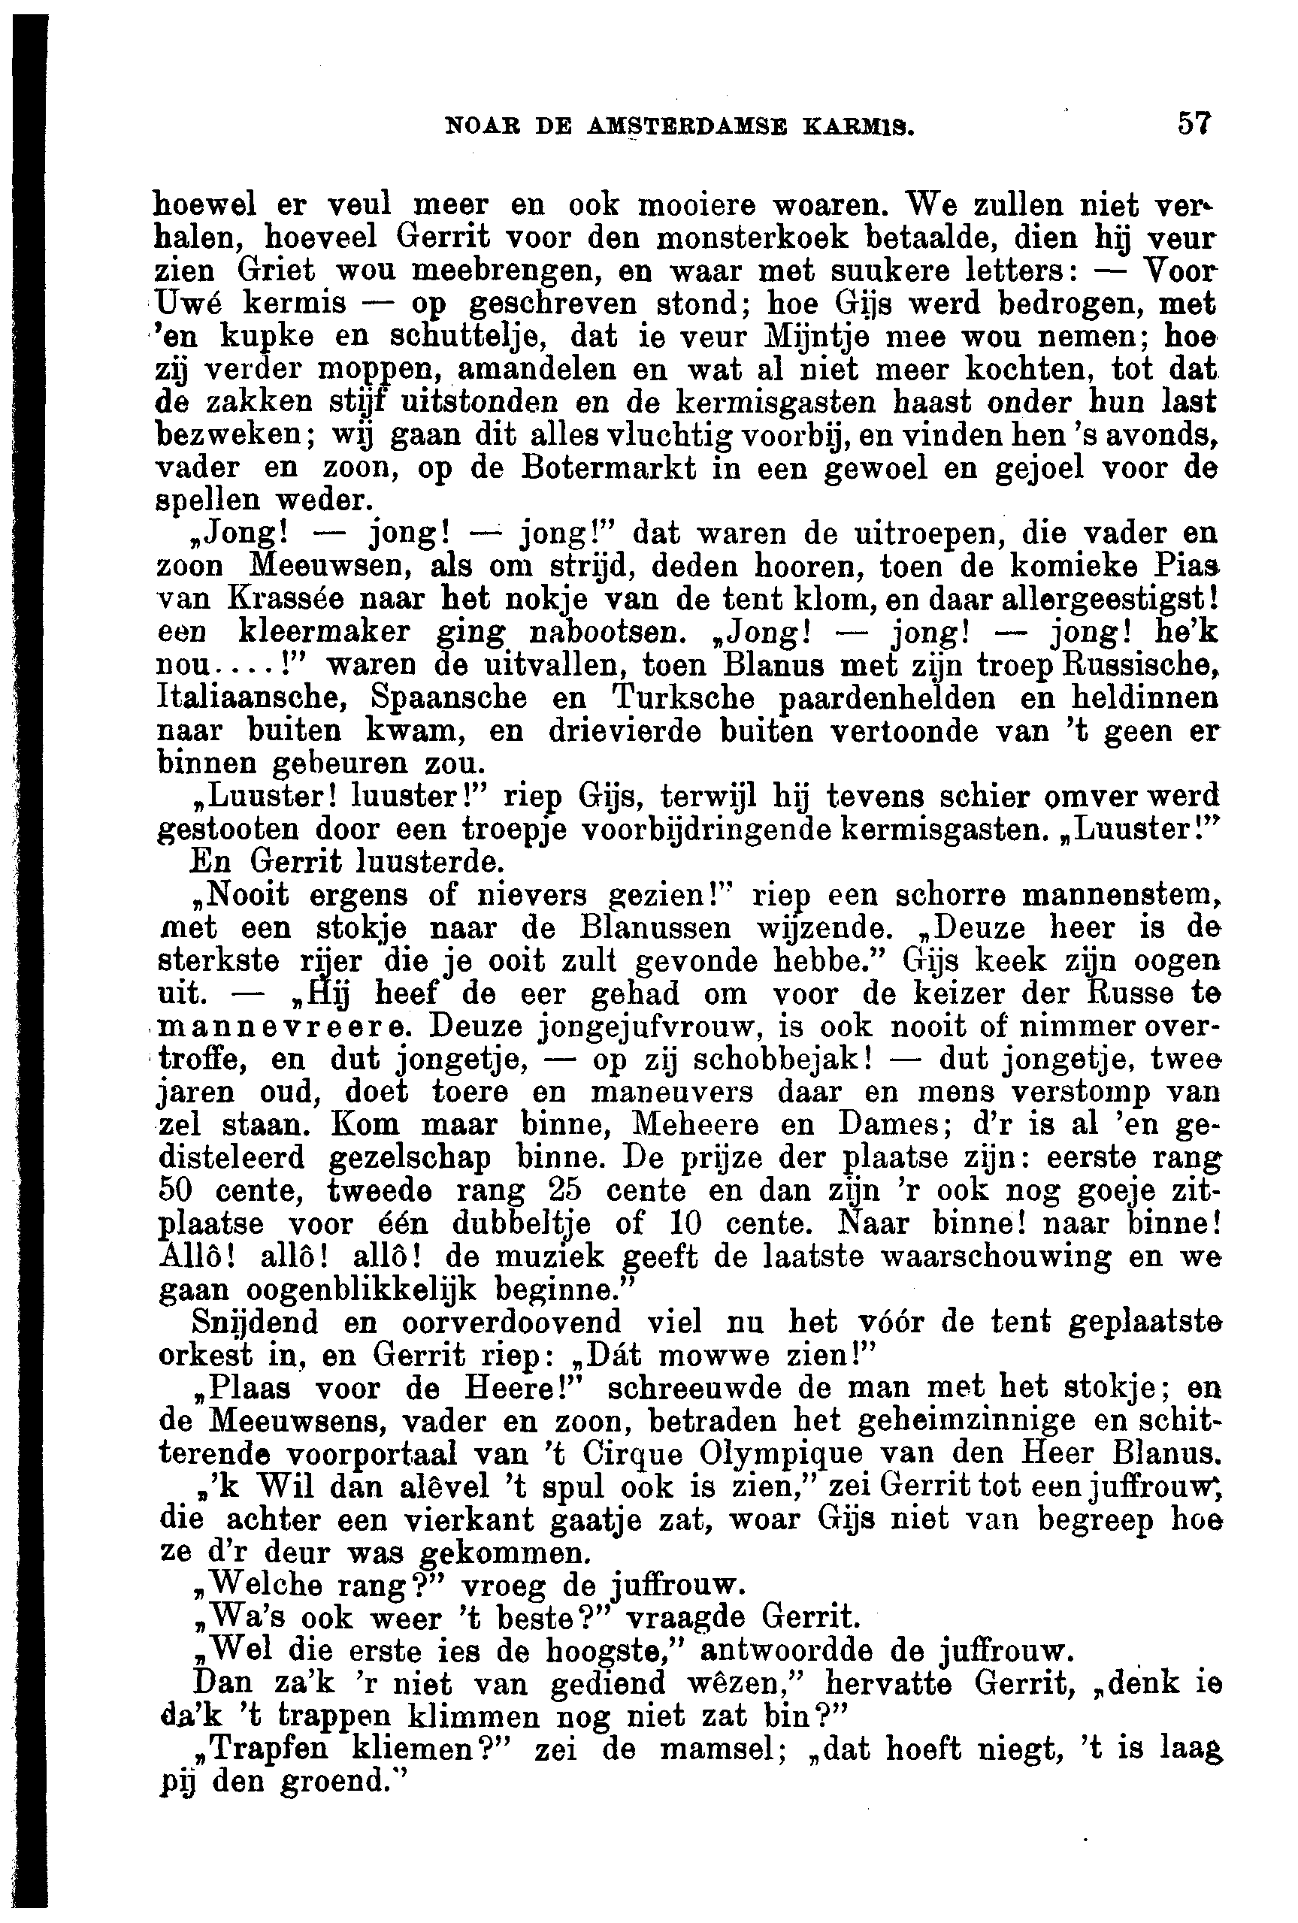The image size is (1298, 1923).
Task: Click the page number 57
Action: pos(1194,125)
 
